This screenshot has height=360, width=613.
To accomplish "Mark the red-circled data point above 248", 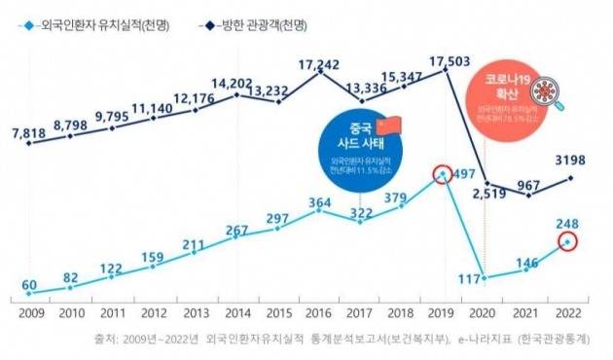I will pyautogui.click(x=568, y=242).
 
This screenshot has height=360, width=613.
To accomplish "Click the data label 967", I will pyautogui.click(x=529, y=184).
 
